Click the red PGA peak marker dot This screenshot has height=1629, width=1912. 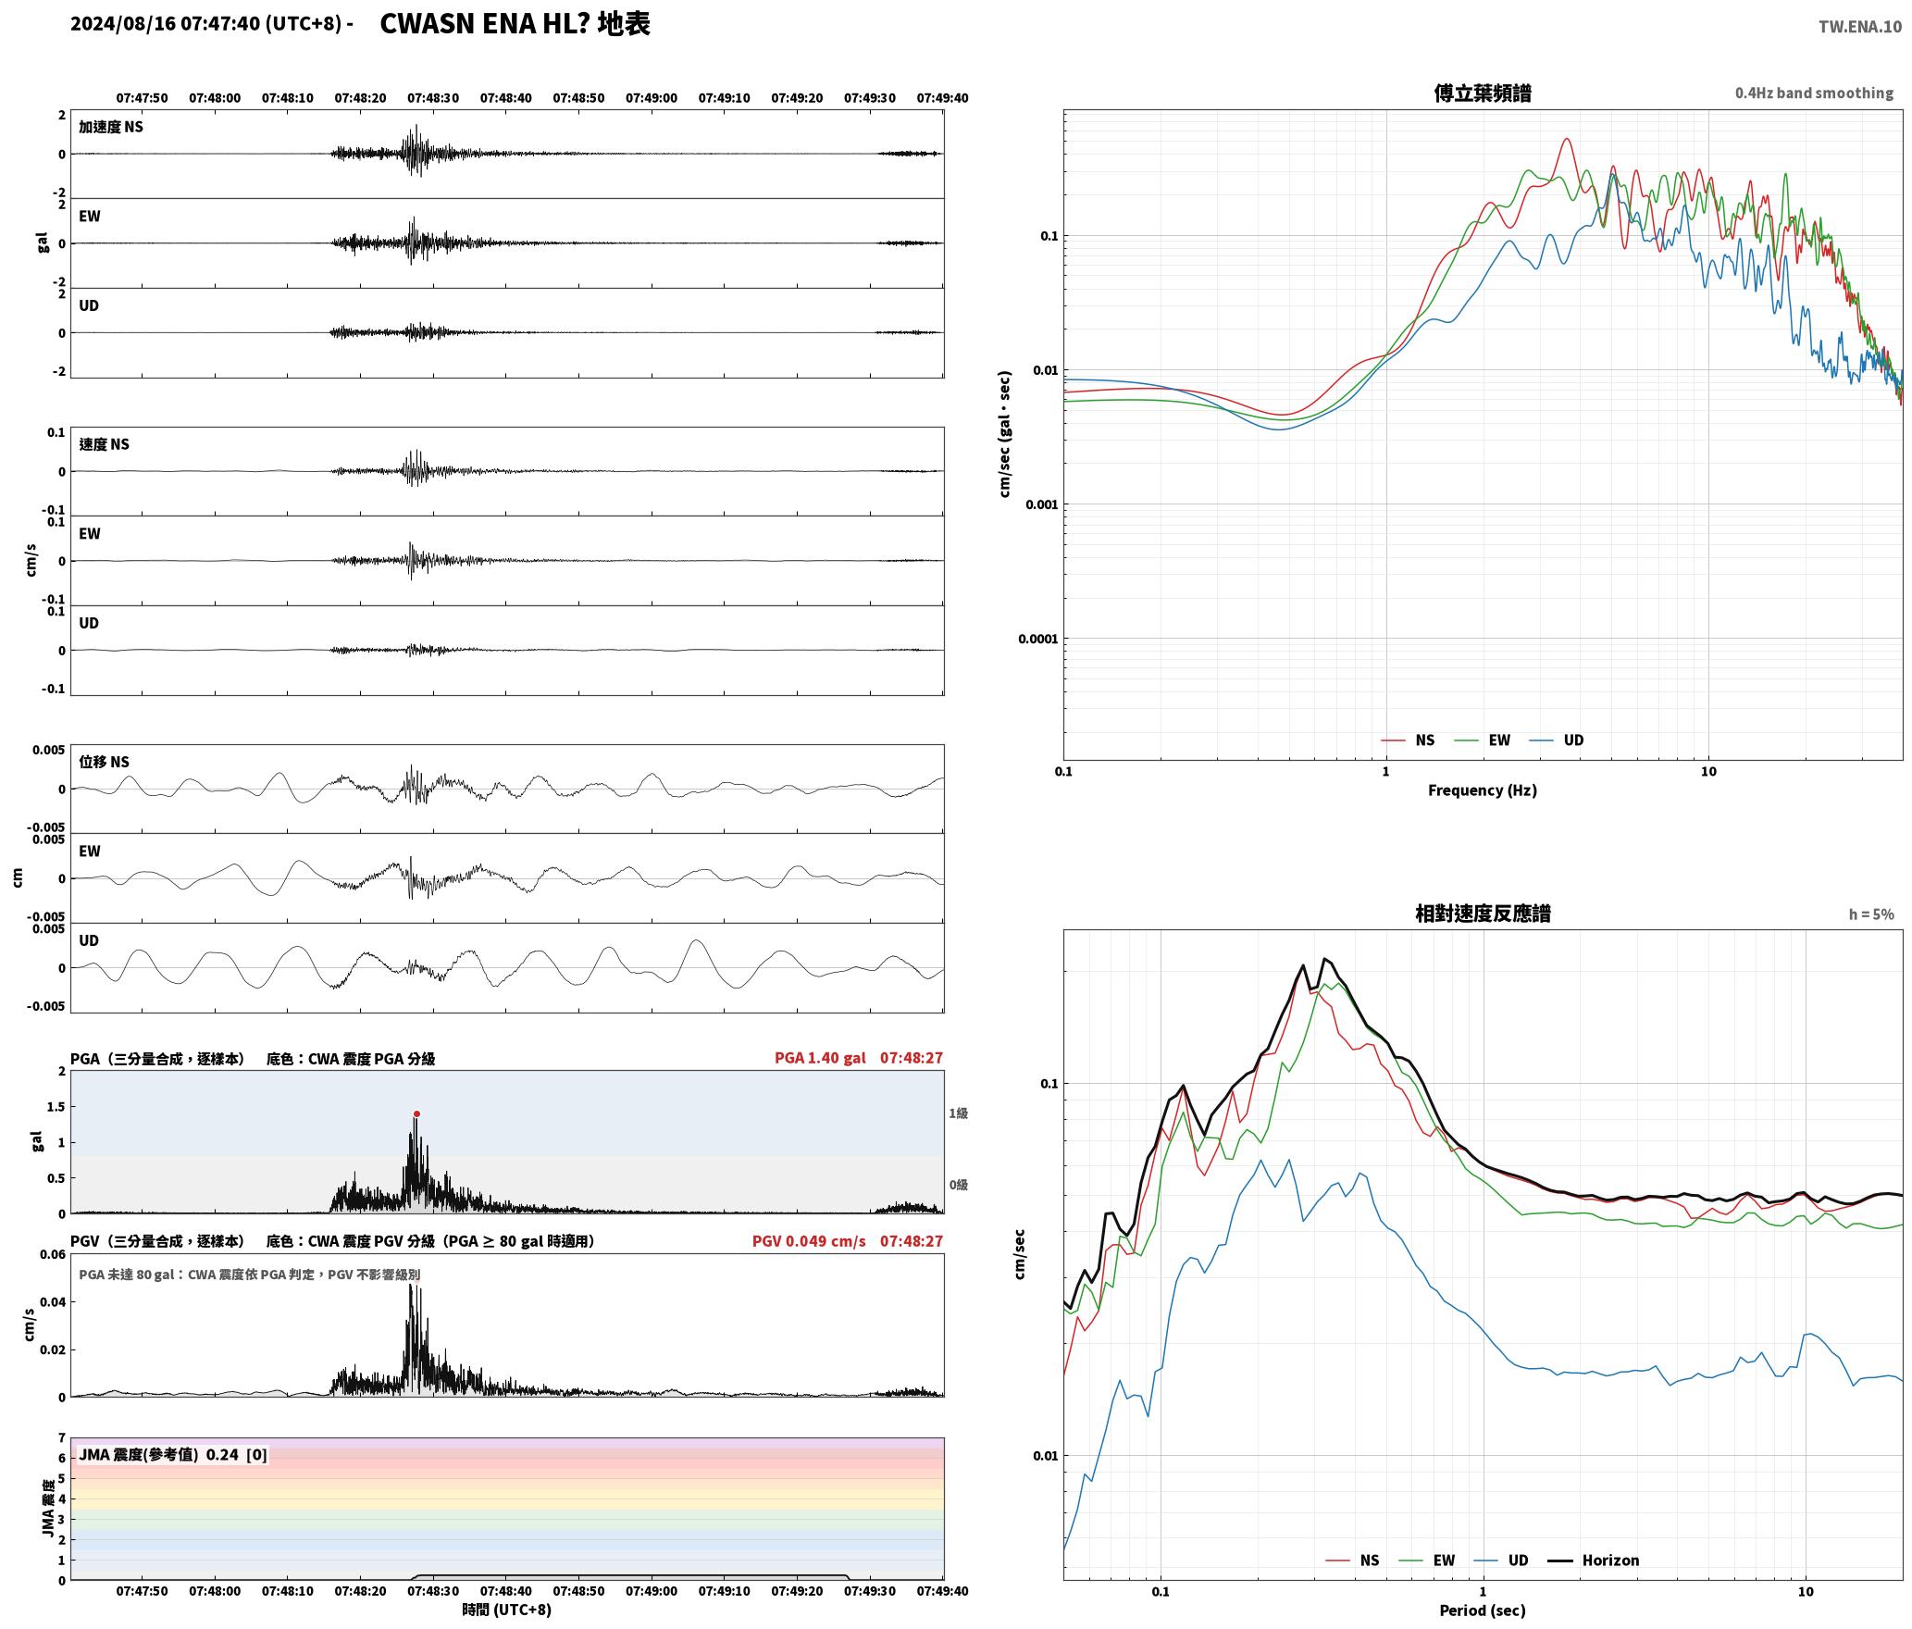click(x=416, y=1113)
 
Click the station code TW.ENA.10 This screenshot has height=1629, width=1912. click(x=1859, y=27)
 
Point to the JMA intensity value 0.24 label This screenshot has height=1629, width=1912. click(x=222, y=1454)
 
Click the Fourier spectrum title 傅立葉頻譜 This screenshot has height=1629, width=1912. click(x=1482, y=93)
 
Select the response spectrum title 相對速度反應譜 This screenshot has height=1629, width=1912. click(x=1483, y=913)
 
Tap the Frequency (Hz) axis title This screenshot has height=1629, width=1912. click(x=1482, y=790)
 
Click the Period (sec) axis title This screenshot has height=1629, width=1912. click(x=1482, y=1610)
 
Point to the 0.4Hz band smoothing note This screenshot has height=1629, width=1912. click(x=1814, y=93)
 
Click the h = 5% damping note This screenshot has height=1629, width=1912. click(x=1871, y=914)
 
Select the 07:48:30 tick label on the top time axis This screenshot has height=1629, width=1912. click(x=433, y=97)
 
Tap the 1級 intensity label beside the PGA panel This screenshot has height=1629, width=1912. click(x=958, y=1113)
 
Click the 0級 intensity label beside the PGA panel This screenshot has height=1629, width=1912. click(x=958, y=1184)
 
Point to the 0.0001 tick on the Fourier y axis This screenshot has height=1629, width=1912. click(x=1037, y=639)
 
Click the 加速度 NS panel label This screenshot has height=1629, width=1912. click(x=111, y=127)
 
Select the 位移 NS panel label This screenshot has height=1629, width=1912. click(x=104, y=762)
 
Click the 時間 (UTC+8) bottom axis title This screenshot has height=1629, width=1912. click(x=506, y=1610)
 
